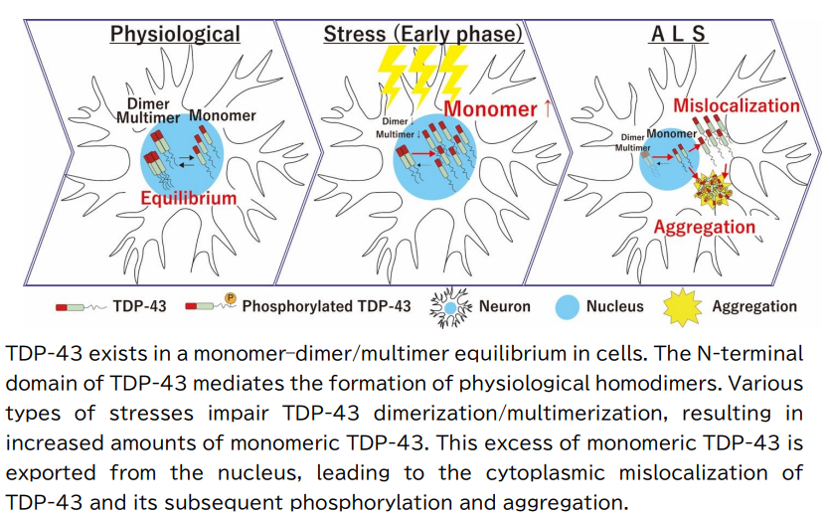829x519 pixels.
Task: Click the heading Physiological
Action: pos(175,34)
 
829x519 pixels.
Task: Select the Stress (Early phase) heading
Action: pos(422,34)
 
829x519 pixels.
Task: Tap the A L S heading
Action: pos(678,34)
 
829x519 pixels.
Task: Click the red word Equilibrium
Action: pos(188,198)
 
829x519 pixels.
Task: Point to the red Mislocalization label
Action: pos(737,105)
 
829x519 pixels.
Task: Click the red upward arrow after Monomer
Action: pos(547,108)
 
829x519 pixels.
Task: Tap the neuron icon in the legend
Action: pos(451,306)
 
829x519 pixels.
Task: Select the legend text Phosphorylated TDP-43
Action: pos(326,306)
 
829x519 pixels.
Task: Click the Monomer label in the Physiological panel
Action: pos(222,115)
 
